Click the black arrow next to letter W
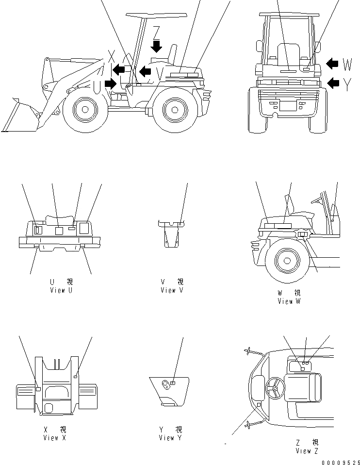coord(332,64)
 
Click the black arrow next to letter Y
coord(333,83)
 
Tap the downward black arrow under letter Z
coord(156,46)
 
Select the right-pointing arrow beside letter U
coord(111,83)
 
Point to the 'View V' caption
coord(172,290)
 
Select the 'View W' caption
coord(289,301)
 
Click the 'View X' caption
coord(57,438)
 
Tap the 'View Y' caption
coord(170,438)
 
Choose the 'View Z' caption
coord(307,451)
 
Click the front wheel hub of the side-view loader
coord(84,110)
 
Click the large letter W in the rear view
coord(347,64)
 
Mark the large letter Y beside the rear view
coord(347,84)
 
